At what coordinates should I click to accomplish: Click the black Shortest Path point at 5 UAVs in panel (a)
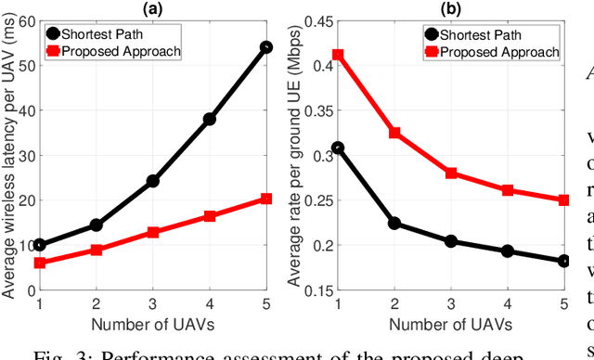coord(265,46)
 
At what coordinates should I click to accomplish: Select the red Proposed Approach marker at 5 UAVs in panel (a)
coord(265,199)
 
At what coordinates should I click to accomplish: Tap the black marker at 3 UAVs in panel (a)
coord(152,181)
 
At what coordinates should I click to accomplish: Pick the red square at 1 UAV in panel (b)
coord(339,55)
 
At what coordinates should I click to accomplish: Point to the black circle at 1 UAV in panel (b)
coord(339,148)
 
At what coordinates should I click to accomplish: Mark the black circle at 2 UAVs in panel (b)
coord(395,224)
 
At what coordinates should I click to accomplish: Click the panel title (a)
coord(152,8)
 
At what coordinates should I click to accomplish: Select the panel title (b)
coord(452,8)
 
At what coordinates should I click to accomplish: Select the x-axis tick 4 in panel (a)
coord(209,304)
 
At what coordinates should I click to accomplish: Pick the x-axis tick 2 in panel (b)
coord(395,304)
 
